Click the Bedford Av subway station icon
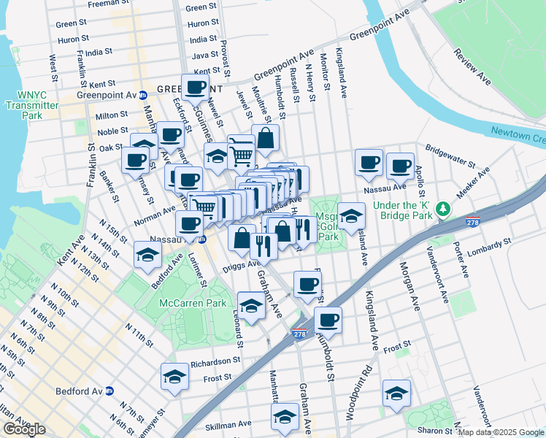click(x=109, y=391)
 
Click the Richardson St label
click(x=215, y=361)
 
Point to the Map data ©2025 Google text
click(x=500, y=432)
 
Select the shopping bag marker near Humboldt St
click(x=266, y=137)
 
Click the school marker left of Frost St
click(x=175, y=377)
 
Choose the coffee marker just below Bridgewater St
click(x=399, y=166)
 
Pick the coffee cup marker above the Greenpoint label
click(x=195, y=88)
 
